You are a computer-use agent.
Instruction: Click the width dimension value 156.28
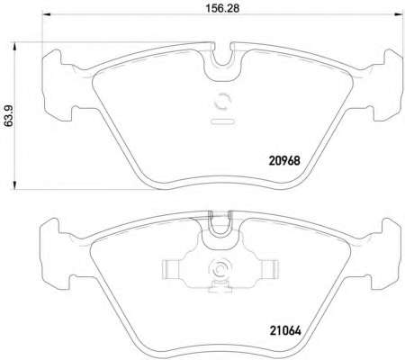222,8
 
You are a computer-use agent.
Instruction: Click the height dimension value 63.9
9,115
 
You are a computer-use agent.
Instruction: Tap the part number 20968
284,161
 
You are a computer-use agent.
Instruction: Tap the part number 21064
285,330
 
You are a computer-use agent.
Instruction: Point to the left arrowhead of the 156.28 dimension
46,14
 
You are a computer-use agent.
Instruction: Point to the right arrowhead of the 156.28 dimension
398,14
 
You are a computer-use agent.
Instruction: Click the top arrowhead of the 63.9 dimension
13,47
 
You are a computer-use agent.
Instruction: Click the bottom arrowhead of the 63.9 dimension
13,185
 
